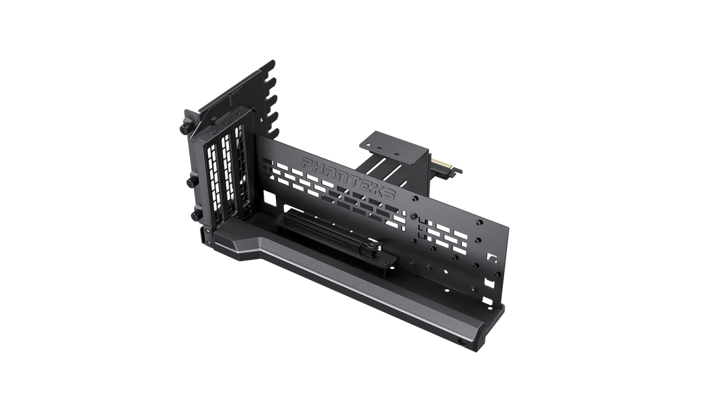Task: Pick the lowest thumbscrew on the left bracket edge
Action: point(196,215)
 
